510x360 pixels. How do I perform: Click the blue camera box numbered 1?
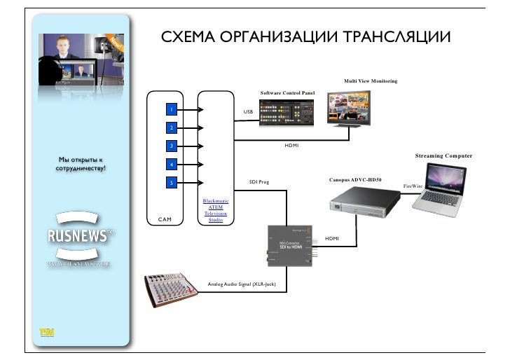170,110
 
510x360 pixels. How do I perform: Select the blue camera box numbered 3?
170,146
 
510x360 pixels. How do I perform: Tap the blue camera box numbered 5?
170,183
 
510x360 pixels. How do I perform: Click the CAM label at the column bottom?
165,220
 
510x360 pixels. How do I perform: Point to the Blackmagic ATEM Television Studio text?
216,210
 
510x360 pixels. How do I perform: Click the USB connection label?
248,112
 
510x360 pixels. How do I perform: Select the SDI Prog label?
259,182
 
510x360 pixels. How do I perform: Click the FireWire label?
413,186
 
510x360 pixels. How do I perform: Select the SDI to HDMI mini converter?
294,245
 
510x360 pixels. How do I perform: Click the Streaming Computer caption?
443,155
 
